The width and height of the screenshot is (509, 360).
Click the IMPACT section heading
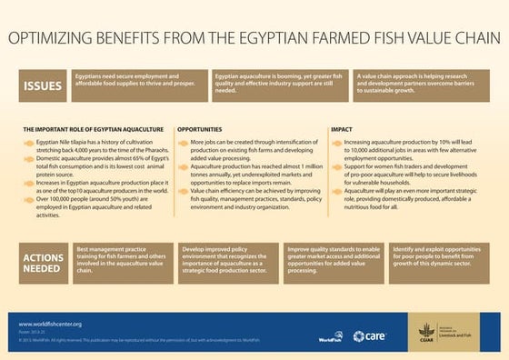click(x=342, y=130)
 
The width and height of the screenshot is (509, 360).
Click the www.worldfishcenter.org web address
click(x=51, y=324)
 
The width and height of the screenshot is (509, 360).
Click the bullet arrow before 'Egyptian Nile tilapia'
click(x=28, y=144)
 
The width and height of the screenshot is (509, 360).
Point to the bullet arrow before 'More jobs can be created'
click(x=183, y=144)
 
